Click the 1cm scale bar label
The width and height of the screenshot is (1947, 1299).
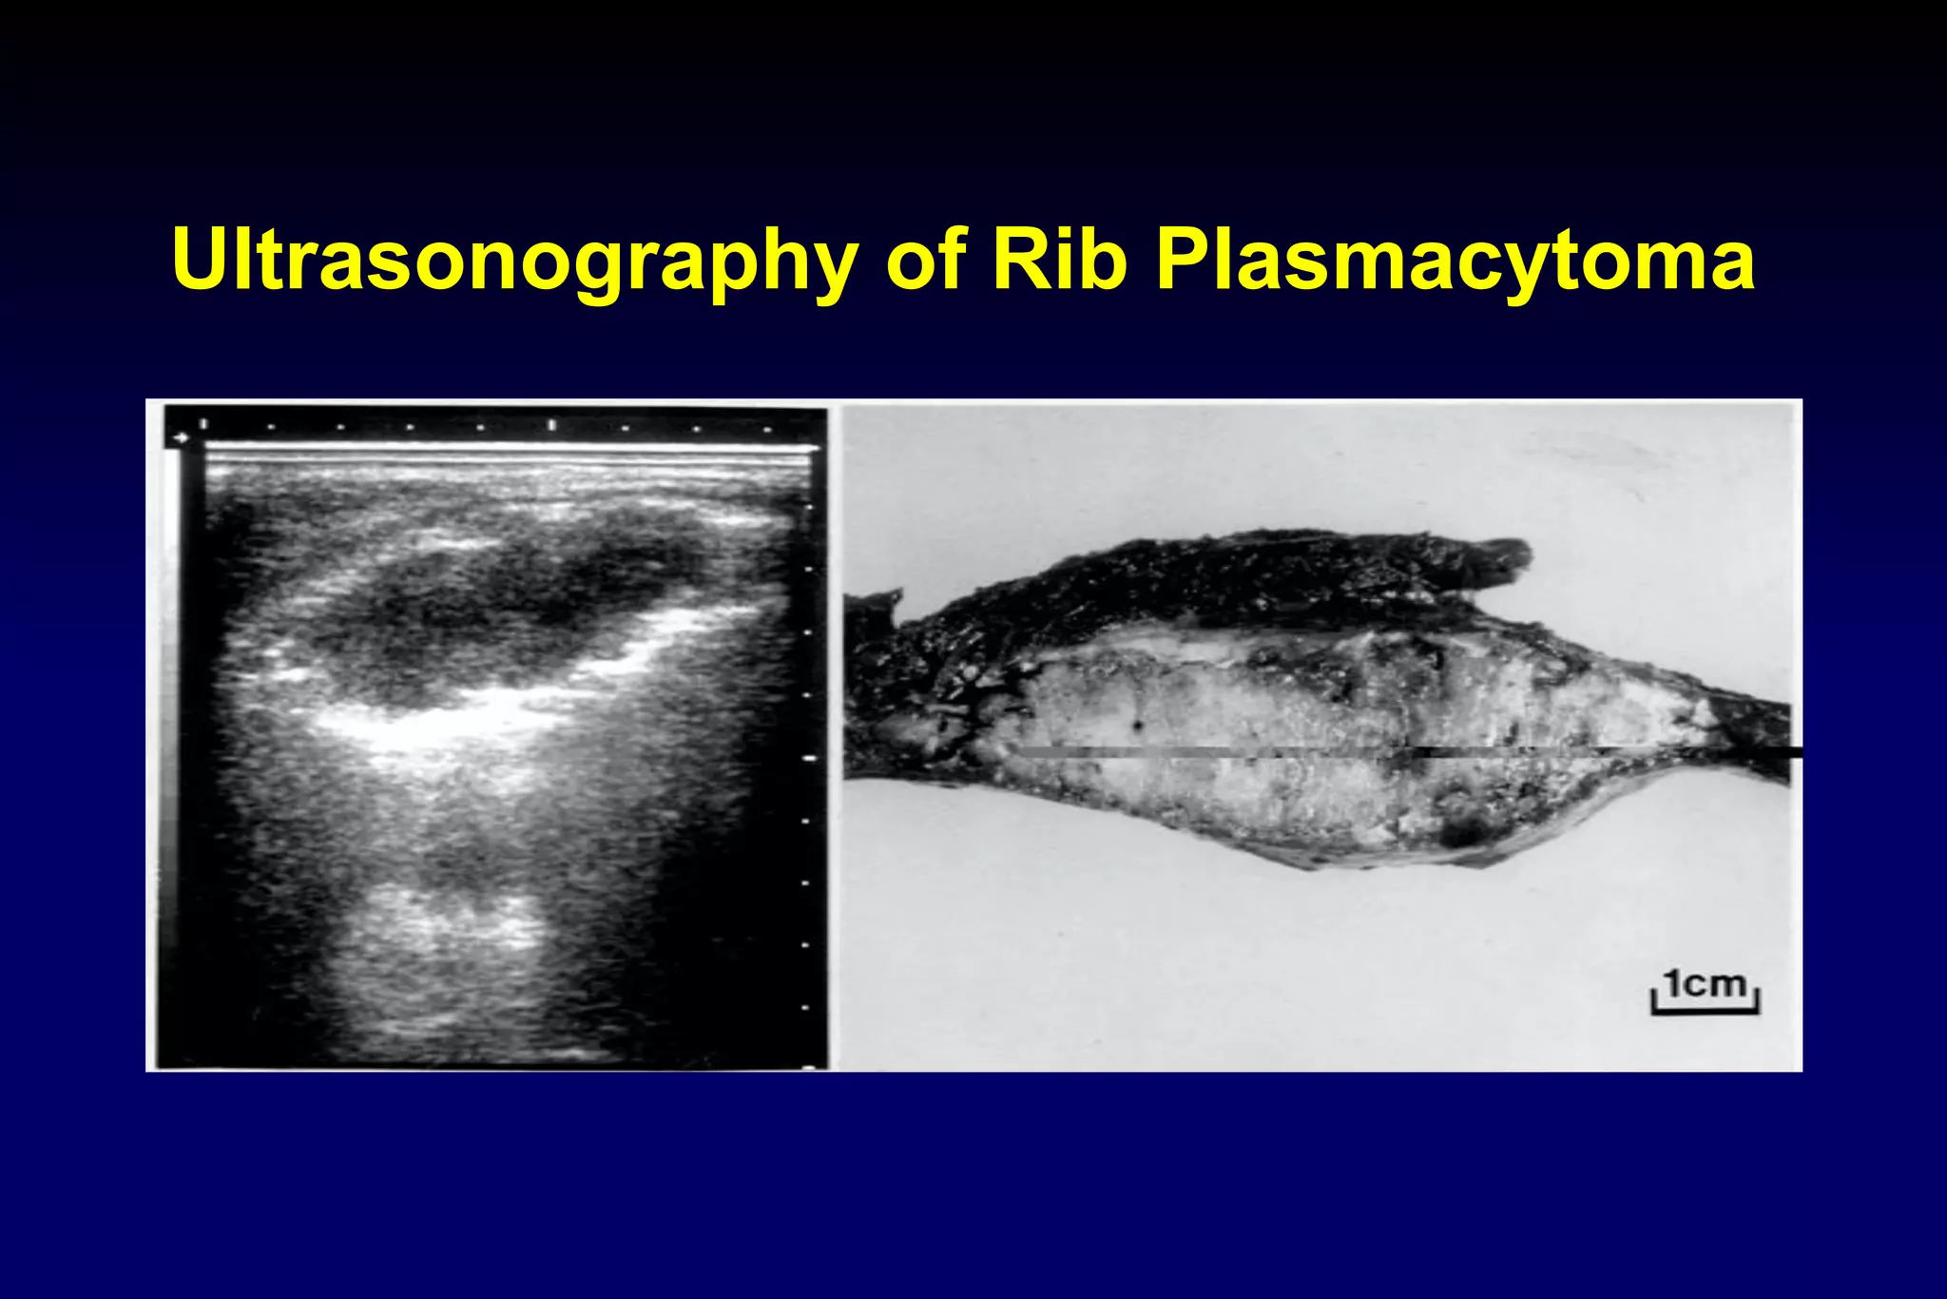(x=1706, y=983)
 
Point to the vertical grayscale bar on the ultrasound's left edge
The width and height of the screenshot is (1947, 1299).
(x=172, y=742)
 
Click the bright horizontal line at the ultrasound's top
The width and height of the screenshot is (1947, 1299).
(x=504, y=447)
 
